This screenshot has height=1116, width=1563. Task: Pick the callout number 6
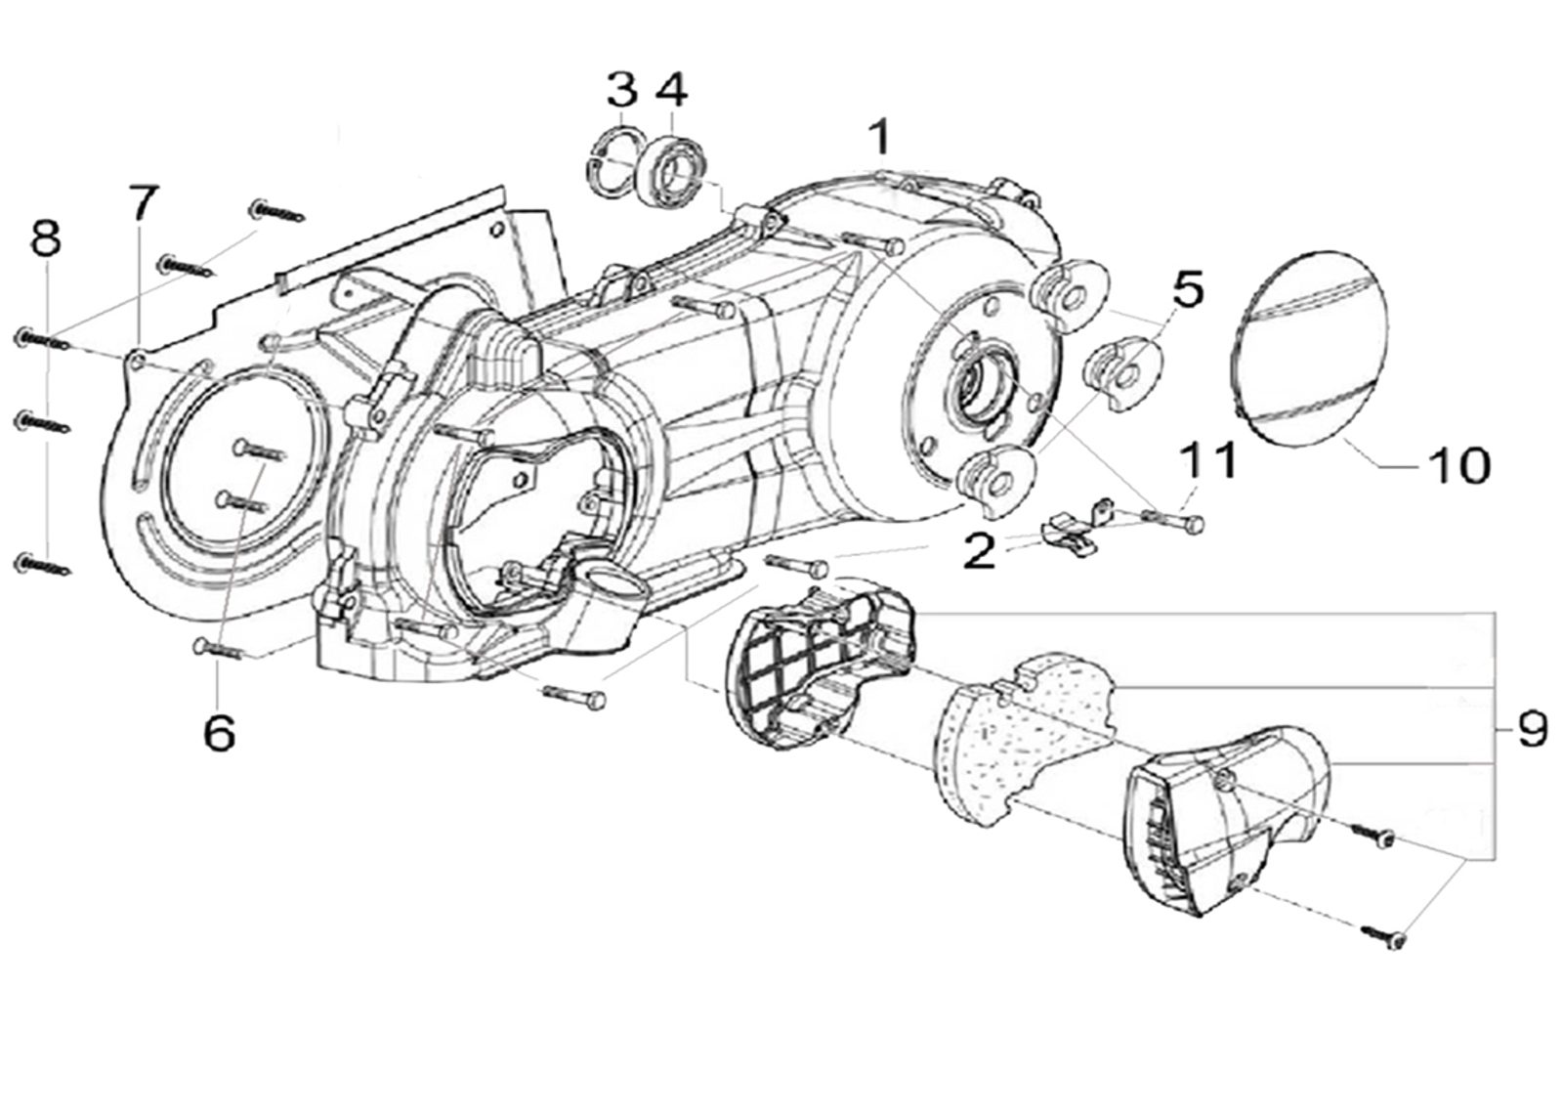point(219,732)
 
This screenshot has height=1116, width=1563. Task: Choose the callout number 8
point(46,236)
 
